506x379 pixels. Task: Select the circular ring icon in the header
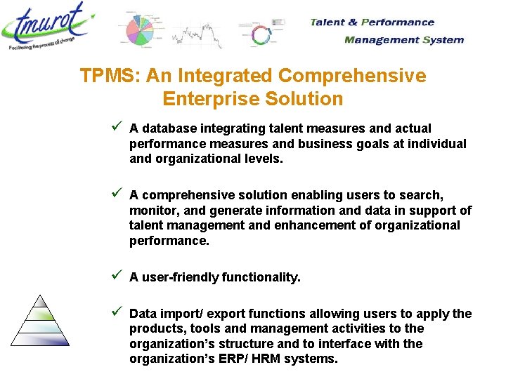pos(261,35)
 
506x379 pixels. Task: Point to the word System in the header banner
pos(443,39)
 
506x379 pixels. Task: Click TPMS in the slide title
pos(103,75)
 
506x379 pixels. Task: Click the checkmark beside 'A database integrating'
pos(117,127)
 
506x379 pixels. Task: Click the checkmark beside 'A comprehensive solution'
pos(117,193)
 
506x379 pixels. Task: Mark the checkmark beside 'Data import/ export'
pos(117,312)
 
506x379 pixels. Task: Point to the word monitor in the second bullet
pos(153,210)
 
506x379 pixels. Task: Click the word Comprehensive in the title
pos(352,75)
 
